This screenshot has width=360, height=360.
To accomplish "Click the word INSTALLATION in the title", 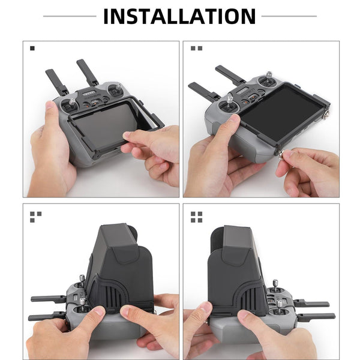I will (x=179, y=16).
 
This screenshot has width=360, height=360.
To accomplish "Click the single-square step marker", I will (x=32, y=48).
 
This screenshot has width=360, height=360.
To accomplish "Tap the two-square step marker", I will (x=196, y=48).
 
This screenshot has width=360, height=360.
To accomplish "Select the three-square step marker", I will (x=35, y=217).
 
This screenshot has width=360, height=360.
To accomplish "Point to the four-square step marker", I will (x=196, y=217).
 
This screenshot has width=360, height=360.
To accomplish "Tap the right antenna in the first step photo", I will (x=87, y=72).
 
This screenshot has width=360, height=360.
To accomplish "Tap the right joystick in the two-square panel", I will (x=268, y=76).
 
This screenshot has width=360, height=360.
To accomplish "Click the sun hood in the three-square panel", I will (x=120, y=264).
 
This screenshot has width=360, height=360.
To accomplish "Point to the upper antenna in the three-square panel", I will (x=48, y=298).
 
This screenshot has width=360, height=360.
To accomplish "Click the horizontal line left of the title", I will (x=69, y=16).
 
